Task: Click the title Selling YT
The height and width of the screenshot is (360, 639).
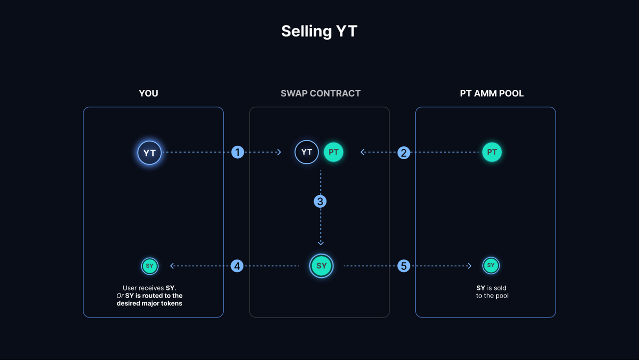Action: coord(319,31)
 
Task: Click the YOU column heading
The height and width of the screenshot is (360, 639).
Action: coord(148,93)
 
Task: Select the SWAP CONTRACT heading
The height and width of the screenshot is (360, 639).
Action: coord(320,93)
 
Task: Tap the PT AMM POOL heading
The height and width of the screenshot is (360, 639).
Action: coord(492,93)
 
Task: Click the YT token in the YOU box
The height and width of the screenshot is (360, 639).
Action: coord(149,153)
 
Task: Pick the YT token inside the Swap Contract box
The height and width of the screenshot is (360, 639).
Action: coord(307,152)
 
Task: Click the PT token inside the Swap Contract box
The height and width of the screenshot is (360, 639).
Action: coord(333,152)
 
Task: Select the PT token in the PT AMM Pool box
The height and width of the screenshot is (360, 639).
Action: coord(492,152)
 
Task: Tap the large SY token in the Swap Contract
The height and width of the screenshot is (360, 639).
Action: coord(321,266)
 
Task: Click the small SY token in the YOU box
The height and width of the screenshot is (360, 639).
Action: coord(149,266)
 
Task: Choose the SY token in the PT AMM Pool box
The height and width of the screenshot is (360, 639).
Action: coord(491,266)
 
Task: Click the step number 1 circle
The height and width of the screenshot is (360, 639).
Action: coord(238,152)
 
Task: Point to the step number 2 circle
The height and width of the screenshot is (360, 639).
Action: coord(403,152)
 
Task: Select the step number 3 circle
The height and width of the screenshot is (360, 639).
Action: coord(320,201)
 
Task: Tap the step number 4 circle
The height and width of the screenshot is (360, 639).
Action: coord(237,266)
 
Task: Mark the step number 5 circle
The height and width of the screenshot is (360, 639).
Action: coord(403,266)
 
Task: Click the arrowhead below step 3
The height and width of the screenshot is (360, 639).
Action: coord(320,243)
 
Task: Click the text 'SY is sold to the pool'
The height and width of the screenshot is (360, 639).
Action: coord(492,292)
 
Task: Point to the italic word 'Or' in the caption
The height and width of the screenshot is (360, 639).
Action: coord(120,296)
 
